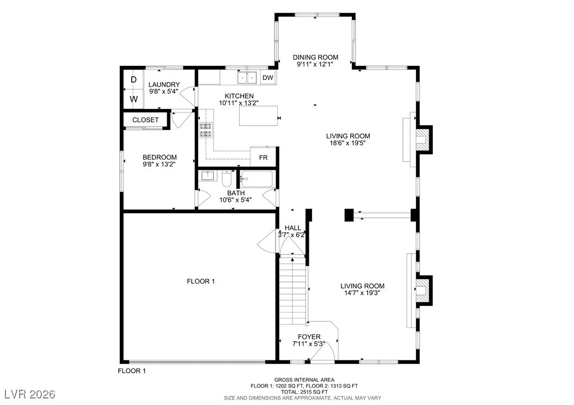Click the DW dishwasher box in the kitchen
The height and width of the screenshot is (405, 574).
pyautogui.click(x=267, y=78)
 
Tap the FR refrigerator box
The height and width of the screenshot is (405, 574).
pyautogui.click(x=263, y=157)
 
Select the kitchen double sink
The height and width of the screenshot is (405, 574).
pyautogui.click(x=247, y=78)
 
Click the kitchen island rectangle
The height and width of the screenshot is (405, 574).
pyautogui.click(x=258, y=116)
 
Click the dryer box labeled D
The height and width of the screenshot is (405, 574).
pyautogui.click(x=133, y=80)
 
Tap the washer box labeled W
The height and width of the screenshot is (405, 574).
pyautogui.click(x=133, y=99)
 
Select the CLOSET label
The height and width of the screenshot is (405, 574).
pyautogui.click(x=145, y=120)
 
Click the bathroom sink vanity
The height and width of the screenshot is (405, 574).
pyautogui.click(x=207, y=176)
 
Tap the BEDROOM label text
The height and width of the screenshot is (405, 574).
pyautogui.click(x=160, y=157)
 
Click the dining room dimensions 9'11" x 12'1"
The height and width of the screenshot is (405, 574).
pyautogui.click(x=315, y=64)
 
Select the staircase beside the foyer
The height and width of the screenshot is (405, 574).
pyautogui.click(x=293, y=289)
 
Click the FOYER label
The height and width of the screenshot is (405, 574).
pyautogui.click(x=309, y=336)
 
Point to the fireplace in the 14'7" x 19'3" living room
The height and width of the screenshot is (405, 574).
pyautogui.click(x=423, y=290)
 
